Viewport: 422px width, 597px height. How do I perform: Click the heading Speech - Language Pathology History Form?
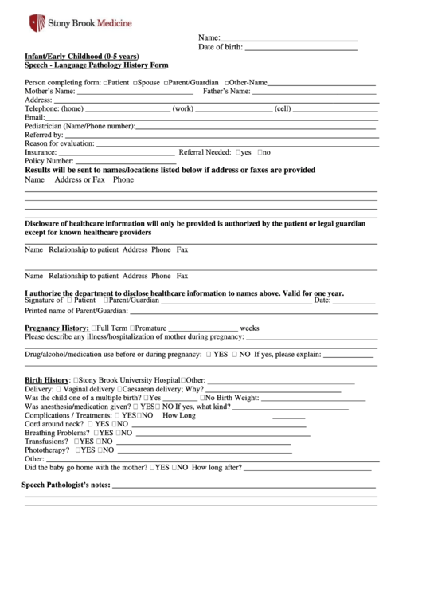click(96, 66)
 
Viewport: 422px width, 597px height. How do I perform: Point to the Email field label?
click(34, 117)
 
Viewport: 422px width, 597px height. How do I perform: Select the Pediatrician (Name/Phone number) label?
click(80, 126)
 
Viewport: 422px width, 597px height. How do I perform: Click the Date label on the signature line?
click(322, 300)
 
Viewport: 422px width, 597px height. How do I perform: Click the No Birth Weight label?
click(231, 398)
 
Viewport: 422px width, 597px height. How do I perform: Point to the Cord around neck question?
click(53, 424)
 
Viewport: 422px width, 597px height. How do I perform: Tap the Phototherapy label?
click(46, 450)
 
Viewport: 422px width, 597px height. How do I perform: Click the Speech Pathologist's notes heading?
click(65, 485)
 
